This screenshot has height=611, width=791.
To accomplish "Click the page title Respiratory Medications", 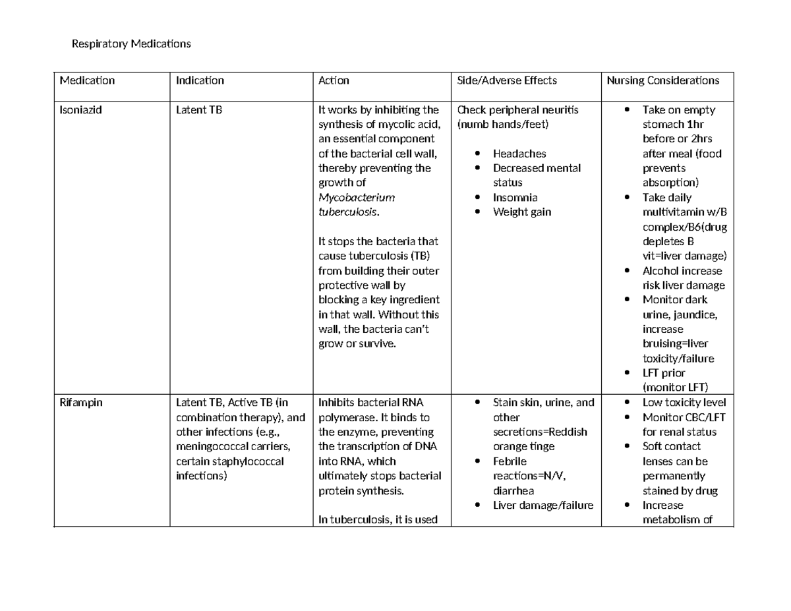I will click(131, 44).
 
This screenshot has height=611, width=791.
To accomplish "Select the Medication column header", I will click(87, 80).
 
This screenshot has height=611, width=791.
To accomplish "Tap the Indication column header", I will click(200, 80).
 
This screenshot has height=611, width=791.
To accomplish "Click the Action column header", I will click(334, 80).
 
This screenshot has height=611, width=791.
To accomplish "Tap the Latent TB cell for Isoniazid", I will click(199, 110).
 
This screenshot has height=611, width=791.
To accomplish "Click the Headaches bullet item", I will click(519, 154).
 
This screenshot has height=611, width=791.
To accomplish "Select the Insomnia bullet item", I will click(515, 197).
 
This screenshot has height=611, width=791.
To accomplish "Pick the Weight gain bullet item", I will click(522, 212).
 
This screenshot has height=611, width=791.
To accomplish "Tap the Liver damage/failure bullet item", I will click(543, 506).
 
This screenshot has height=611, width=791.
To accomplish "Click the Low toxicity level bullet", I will click(684, 403).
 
